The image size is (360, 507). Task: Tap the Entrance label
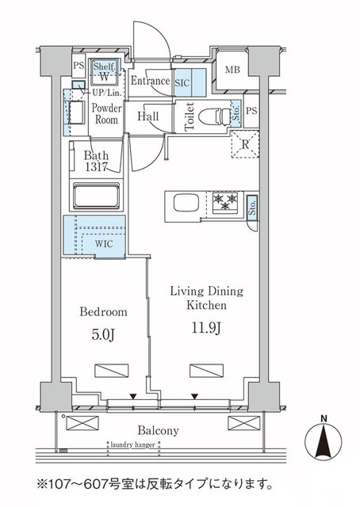coord(150,81)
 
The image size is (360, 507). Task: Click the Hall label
coord(148,116)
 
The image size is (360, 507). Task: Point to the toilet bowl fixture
coord(212,116)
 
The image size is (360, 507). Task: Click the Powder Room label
coord(105,113)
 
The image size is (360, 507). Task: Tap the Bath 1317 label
coord(98,161)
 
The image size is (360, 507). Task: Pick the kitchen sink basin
coord(185,203)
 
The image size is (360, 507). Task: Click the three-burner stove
coord(227,202)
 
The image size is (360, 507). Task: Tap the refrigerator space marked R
coord(244,144)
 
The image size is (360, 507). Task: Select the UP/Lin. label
coord(106,92)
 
